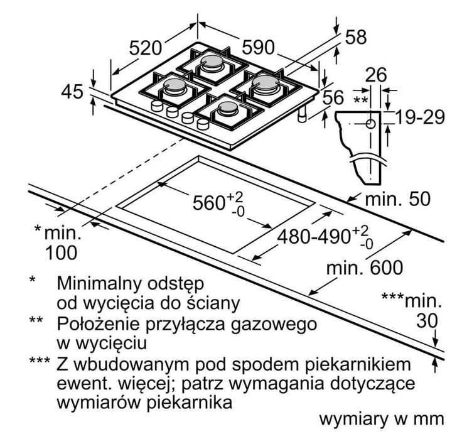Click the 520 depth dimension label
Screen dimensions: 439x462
coord(146,47)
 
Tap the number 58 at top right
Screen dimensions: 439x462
coord(355,37)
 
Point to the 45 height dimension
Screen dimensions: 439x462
coord(73,92)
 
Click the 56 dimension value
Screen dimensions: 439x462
coord(335,98)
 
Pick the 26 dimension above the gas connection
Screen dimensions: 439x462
coord(375,75)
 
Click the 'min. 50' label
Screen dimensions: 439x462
coord(399,200)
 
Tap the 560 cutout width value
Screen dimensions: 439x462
coord(209,202)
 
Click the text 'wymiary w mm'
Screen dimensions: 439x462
coord(381,420)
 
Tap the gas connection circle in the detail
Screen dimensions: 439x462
coord(370,124)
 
